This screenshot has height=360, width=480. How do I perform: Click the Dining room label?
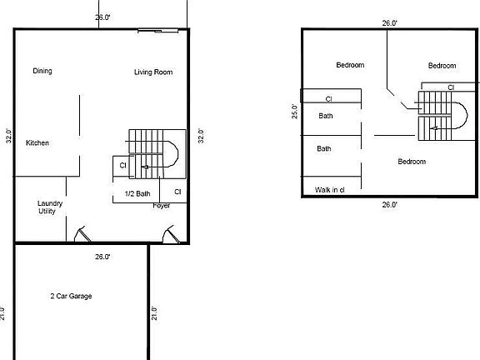(x=42, y=72)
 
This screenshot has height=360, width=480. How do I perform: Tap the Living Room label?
(x=153, y=72)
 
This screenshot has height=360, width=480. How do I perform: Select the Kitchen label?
(x=37, y=143)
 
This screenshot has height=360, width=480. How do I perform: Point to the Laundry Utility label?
(x=50, y=207)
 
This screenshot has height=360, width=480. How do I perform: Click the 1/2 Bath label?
(x=137, y=194)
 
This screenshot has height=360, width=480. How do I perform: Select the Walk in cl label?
(x=331, y=190)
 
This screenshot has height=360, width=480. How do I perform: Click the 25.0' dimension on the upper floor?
(x=294, y=112)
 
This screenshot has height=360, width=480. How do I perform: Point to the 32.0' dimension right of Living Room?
(x=201, y=136)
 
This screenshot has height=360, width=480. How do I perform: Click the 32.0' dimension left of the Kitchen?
(x=8, y=136)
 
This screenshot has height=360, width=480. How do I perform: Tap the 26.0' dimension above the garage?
(x=102, y=257)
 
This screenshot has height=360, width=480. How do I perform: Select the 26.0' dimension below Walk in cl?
(x=389, y=204)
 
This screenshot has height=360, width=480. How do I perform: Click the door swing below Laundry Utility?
(x=80, y=235)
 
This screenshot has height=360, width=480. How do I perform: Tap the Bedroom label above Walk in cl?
(x=412, y=162)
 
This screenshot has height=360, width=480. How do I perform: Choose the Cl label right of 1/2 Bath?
(x=177, y=192)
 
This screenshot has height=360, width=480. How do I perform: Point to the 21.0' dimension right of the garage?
(x=154, y=313)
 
